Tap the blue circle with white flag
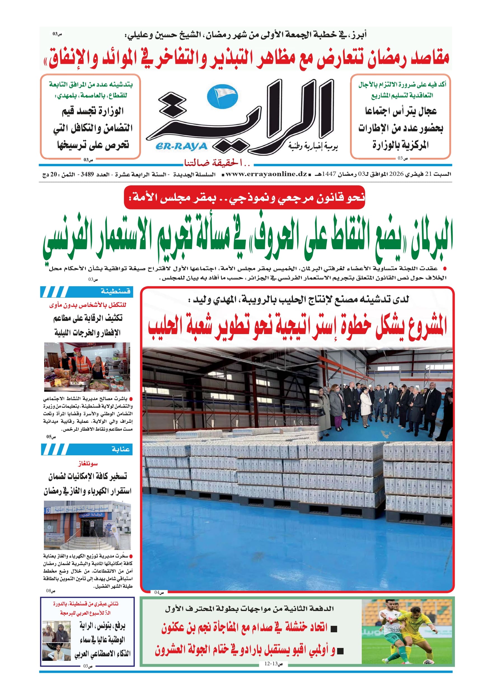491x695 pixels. click(x=222, y=96)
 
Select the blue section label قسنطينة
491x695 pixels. click(x=115, y=291)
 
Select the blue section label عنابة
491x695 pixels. click(x=120, y=449)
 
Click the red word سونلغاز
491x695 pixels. click(x=88, y=463)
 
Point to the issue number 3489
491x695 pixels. click(x=87, y=175)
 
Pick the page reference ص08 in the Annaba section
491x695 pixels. click(x=51, y=591)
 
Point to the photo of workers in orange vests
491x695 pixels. click(x=87, y=367)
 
